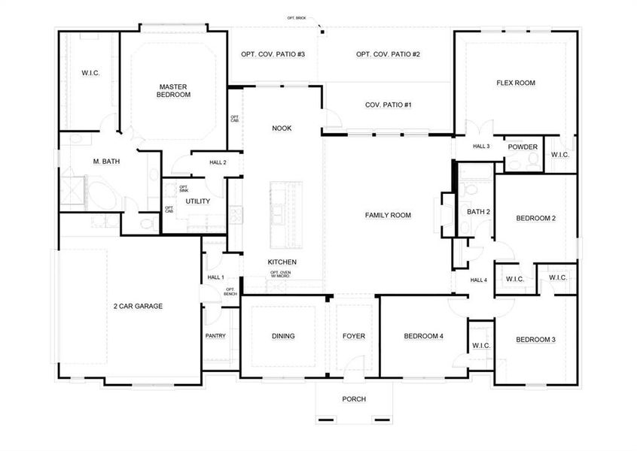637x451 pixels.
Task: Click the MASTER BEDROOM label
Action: coord(174,91)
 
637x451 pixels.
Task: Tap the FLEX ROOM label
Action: coord(516,83)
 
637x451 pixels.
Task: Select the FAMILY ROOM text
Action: coord(388,216)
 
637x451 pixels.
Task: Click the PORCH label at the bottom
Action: coord(354,399)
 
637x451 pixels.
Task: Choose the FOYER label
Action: coord(354,336)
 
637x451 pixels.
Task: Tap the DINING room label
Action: coord(282,336)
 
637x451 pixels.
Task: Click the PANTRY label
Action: coord(215,336)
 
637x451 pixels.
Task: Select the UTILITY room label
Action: coord(198,201)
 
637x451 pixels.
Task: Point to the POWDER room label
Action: coord(523,147)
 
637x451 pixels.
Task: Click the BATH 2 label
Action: coord(478,212)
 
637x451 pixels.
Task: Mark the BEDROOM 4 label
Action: coord(423,336)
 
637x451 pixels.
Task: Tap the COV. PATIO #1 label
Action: coord(388,105)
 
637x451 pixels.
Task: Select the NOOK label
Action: coord(282,129)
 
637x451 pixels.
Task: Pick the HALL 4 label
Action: coord(479,280)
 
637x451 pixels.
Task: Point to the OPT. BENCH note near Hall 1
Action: coord(230,292)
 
